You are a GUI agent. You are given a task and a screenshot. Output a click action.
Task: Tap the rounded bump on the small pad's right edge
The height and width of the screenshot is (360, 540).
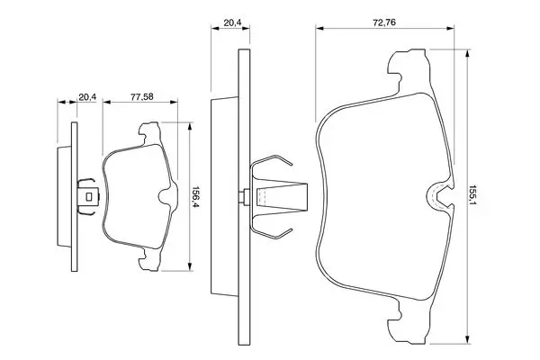(166, 196)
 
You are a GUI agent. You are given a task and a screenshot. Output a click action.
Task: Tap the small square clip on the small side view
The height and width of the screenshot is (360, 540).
(87, 195)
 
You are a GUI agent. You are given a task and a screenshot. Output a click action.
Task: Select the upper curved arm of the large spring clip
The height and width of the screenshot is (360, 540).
(271, 166)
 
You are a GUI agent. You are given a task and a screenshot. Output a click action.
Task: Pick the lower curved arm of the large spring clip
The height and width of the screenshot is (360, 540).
(271, 229)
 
